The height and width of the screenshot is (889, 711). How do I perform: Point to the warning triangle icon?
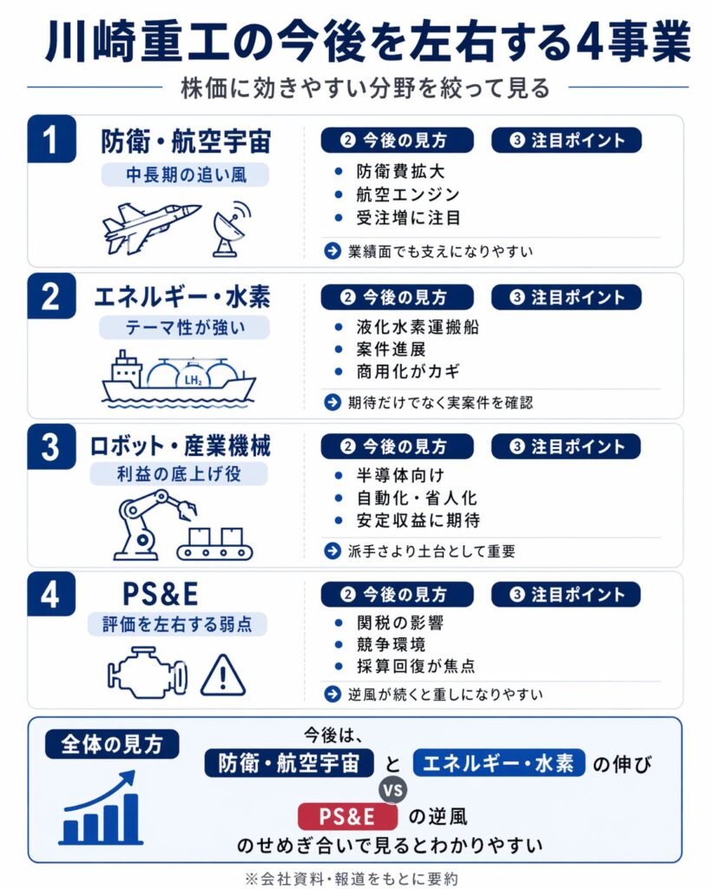pos(223,675)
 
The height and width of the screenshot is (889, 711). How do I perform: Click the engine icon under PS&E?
pos(147,673)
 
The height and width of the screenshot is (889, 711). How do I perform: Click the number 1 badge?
pos(51,139)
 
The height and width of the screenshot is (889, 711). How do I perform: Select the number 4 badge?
pos(51,594)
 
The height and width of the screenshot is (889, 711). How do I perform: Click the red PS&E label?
pos(347,816)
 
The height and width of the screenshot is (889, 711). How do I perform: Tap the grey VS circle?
pos(393,790)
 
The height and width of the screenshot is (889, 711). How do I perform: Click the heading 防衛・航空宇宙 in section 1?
pos(186,142)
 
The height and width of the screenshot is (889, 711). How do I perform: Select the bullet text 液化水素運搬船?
pos(418,327)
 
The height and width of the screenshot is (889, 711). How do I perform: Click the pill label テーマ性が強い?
pos(184,327)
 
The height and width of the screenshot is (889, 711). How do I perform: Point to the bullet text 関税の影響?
pos(399,623)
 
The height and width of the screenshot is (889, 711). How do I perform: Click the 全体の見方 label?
pos(112,744)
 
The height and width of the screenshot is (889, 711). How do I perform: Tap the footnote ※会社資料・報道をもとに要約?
pos(352,879)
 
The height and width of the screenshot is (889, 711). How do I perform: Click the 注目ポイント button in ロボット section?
pos(566,447)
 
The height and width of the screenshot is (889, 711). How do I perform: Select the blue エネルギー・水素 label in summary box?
pos(498,763)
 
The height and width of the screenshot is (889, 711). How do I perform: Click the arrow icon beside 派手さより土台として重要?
pos(332,550)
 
